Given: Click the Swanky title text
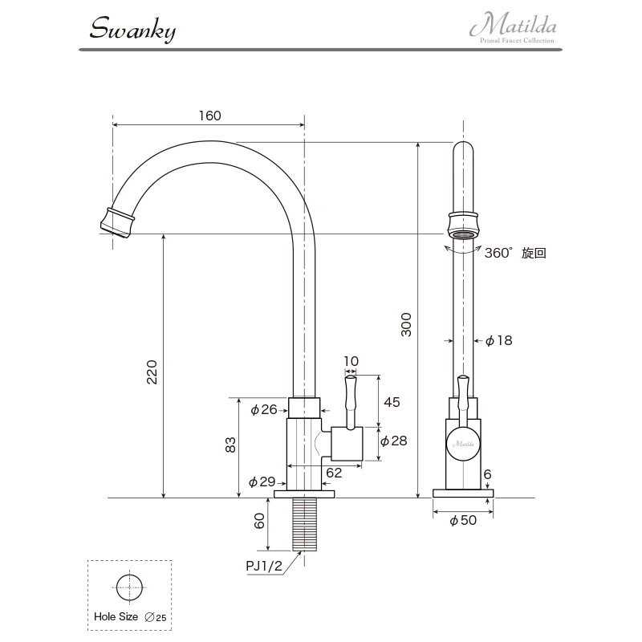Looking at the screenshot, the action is pos(132,30).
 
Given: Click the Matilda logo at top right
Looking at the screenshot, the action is pos(514,27).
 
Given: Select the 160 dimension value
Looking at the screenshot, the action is pos(210,116).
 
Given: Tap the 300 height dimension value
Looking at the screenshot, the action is pos(406,325).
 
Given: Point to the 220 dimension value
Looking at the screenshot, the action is pos(152,372).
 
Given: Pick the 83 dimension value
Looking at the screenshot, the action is pos(230,445).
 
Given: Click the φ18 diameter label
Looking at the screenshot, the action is pos(498,340).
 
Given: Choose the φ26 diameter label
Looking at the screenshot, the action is pos(264,409).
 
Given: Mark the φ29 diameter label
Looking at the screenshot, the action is pos(262,482).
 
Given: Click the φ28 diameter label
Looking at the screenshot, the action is pos(393,441).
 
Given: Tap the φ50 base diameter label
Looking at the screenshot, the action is pos(463,520).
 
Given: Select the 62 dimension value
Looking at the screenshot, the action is pos(334,473).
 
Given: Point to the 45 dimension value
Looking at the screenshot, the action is pos(392,402).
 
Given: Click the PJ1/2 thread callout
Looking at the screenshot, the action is pos(264,566).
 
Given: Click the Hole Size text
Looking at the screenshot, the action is pos(116,616).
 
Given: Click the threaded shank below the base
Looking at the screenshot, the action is pos(305,525).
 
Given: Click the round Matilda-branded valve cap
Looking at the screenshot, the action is pos(463,444).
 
